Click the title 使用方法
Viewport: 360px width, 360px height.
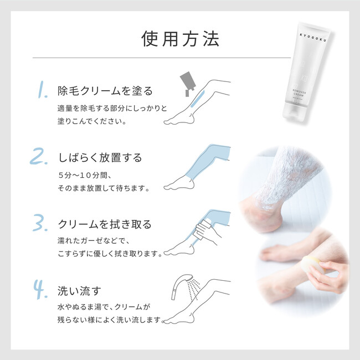click(x=180, y=39)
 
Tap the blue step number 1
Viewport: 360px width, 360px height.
click(x=42, y=90)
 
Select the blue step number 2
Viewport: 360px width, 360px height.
click(x=39, y=156)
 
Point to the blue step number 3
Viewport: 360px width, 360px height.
click(x=40, y=223)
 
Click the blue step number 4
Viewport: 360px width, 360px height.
click(x=40, y=289)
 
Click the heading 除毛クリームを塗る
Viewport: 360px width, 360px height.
click(x=105, y=91)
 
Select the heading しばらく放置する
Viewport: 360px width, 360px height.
click(x=100, y=158)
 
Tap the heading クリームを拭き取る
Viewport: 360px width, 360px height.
click(x=105, y=224)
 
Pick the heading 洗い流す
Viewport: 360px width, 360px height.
click(x=79, y=291)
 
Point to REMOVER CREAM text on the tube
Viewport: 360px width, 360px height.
click(x=299, y=93)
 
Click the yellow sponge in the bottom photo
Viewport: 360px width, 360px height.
click(x=313, y=264)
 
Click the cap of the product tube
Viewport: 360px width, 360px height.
click(x=294, y=112)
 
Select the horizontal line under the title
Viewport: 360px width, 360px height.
click(x=162, y=58)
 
